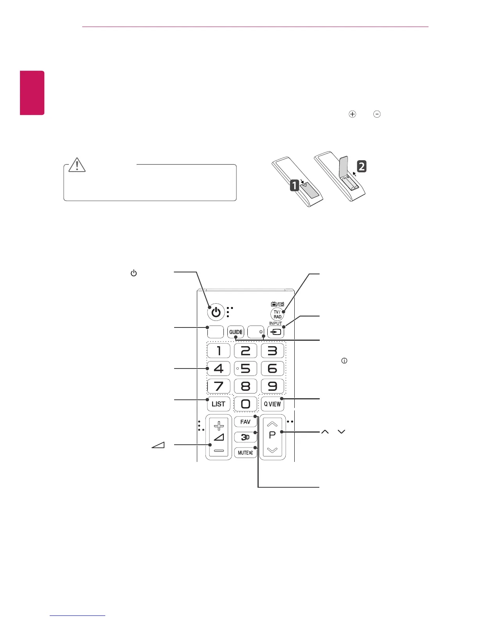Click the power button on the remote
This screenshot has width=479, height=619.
(216, 312)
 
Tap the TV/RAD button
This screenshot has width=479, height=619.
(277, 314)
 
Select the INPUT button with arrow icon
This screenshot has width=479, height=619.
(276, 332)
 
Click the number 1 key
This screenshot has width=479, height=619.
(218, 351)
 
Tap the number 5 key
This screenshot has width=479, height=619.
(245, 369)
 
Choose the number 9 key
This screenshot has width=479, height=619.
(272, 386)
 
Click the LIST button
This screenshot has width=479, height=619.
(218, 404)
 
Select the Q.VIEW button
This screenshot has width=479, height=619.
(272, 404)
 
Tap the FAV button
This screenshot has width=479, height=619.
(245, 422)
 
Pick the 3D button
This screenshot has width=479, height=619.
(245, 437)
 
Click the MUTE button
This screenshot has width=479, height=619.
(245, 453)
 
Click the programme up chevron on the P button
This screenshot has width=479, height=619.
(272, 424)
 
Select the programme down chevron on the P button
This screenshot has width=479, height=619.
(272, 450)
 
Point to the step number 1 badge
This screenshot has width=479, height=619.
(295, 185)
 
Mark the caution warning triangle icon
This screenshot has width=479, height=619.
(77, 165)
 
